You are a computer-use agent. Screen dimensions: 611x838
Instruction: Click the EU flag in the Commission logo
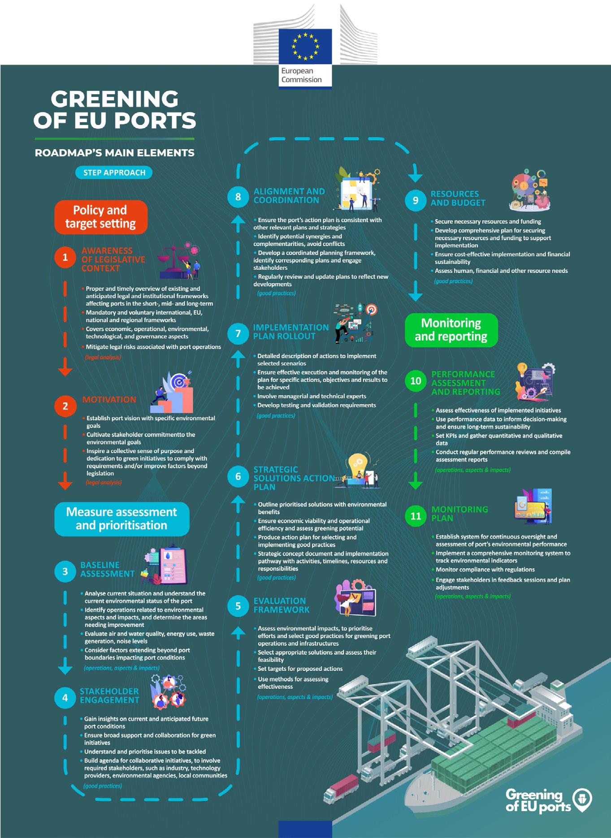pos(305,46)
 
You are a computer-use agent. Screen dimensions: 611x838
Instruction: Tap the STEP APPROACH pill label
pos(114,173)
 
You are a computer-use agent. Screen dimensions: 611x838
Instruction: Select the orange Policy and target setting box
pos(101,217)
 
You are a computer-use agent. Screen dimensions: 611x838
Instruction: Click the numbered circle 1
pos(65,257)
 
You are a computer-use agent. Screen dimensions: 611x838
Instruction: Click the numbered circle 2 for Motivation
pos(65,406)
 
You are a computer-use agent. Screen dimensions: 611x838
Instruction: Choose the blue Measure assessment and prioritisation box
pos(121,518)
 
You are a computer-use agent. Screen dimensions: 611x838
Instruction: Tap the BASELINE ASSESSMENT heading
pos(107,569)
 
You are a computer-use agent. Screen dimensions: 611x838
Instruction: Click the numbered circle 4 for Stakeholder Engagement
pos(65,698)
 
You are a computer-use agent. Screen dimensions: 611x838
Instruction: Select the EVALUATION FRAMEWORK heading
pos(281,605)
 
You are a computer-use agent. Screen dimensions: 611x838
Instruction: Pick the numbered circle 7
pos(238,333)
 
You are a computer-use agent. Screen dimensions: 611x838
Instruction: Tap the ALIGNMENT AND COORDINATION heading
pos(289,196)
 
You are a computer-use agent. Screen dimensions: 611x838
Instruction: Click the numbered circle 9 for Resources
pos(416,200)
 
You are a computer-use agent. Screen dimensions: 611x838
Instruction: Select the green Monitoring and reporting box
pos(451,330)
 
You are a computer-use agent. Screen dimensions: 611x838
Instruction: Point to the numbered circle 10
pos(416,380)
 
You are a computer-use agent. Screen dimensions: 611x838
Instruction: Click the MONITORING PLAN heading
pos(459,514)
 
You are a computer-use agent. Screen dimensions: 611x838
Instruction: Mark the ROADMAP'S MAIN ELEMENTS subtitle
pos(115,153)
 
